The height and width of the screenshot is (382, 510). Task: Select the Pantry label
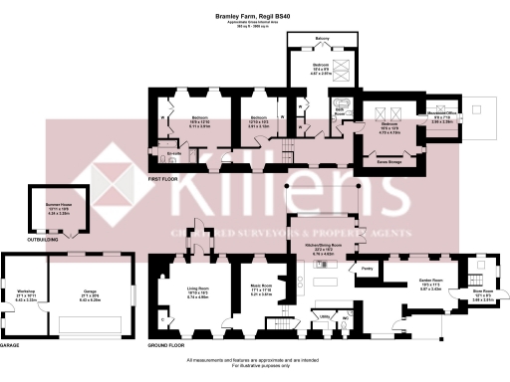367,267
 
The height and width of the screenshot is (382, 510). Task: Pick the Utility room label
324,315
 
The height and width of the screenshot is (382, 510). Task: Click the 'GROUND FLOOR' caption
165,345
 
